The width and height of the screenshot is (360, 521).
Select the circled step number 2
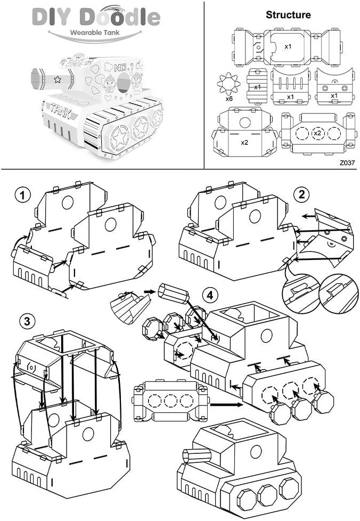click(x=301, y=194)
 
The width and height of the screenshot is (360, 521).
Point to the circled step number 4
click(x=211, y=295)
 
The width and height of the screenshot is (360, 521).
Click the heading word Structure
click(x=288, y=15)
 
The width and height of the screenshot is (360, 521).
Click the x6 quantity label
click(x=228, y=99)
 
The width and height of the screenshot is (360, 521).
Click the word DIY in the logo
click(x=51, y=17)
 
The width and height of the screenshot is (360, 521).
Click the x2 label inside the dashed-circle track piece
click(x=317, y=132)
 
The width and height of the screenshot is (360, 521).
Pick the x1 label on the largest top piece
click(x=288, y=46)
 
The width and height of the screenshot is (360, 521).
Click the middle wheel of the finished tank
click(x=268, y=494)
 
